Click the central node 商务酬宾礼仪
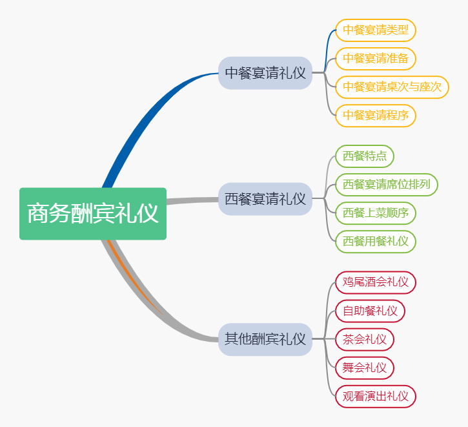click(93, 214)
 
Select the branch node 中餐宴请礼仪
click(265, 73)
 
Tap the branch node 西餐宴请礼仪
click(265, 199)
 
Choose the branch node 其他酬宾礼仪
click(265, 338)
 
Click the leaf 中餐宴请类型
click(375, 30)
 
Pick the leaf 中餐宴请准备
click(375, 59)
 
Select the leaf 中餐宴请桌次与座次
click(392, 87)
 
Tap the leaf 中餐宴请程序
click(375, 116)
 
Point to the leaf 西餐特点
click(364, 156)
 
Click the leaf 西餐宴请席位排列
click(386, 185)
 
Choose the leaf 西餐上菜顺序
click(375, 213)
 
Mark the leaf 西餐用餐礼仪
click(375, 242)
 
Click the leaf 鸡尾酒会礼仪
click(375, 282)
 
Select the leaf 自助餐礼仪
click(370, 311)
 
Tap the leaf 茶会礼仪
click(364, 339)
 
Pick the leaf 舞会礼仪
click(364, 368)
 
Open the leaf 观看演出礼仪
click(375, 396)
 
